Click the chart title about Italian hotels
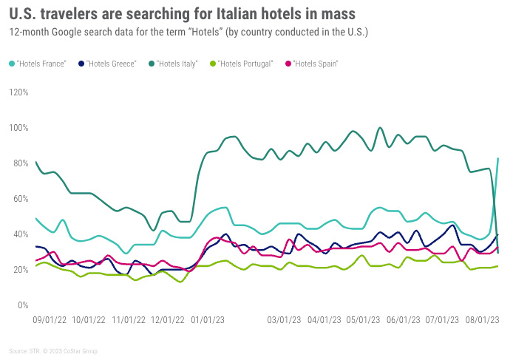click(x=182, y=13)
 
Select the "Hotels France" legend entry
click(x=41, y=64)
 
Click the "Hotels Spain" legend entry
click(x=315, y=64)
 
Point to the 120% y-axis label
click(x=18, y=92)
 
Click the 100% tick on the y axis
click(x=18, y=128)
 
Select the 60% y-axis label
click(x=20, y=199)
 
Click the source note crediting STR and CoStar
click(x=52, y=351)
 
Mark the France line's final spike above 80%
click(x=497, y=159)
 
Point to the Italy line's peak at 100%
click(x=380, y=128)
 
